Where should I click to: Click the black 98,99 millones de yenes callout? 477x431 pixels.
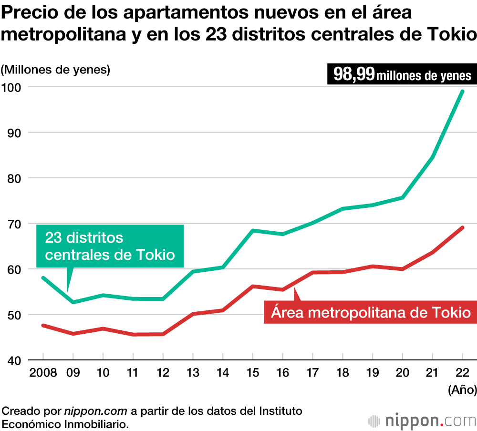pos(402,75)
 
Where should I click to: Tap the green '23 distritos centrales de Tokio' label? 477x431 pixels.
pos(110,246)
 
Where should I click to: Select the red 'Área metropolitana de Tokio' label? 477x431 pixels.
pos(371,313)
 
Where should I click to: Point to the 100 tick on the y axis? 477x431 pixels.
pos(13,87)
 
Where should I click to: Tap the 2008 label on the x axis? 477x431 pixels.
pos(43,372)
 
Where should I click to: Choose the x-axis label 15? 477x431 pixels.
pos(252,372)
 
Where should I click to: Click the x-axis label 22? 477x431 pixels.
pos(462,372)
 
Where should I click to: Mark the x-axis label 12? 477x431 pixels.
pos(163,372)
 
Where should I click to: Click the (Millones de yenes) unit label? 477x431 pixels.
pos(55,70)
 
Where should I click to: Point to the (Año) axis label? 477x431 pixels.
pos(462,390)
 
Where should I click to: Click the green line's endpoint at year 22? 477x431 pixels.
pos(462,91)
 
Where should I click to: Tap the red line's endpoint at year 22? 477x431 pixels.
pos(462,227)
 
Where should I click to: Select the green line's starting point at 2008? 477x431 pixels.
pos(43,277)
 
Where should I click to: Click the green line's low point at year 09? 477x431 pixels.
pos(73,302)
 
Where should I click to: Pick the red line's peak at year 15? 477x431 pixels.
pos(252,286)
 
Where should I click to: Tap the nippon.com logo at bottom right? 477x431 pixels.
pos(423,421)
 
